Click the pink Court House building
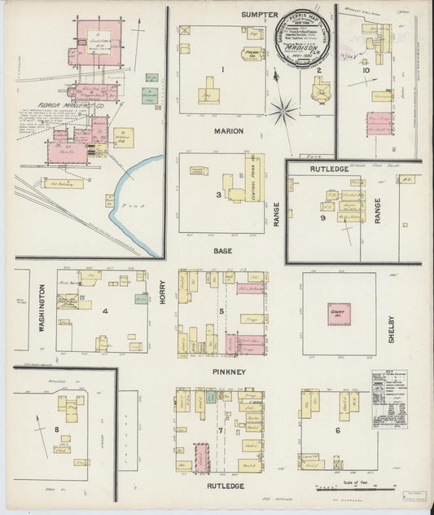point(339,315)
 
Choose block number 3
point(217,195)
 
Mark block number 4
point(104,310)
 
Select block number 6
point(337,429)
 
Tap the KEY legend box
point(389,394)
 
